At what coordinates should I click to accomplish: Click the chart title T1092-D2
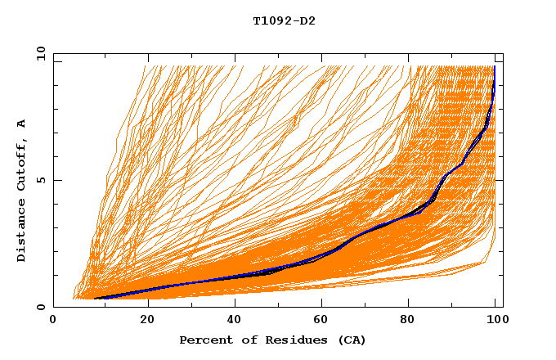[x=284, y=20]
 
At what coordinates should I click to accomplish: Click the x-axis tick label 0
[x=53, y=321]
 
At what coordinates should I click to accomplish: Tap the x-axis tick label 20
[x=147, y=321]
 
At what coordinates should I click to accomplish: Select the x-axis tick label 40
[x=235, y=321]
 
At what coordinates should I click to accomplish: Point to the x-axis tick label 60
[x=325, y=321]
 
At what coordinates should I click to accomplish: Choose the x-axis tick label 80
[x=413, y=321]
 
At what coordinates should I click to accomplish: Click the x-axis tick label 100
[x=499, y=321]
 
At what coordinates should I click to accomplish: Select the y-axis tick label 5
[x=41, y=180]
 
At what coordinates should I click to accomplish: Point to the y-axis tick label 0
[x=41, y=307]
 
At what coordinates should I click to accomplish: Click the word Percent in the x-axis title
[x=203, y=340]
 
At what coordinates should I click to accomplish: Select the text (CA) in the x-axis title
[x=350, y=340]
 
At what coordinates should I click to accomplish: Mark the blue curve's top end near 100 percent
[x=494, y=67]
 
